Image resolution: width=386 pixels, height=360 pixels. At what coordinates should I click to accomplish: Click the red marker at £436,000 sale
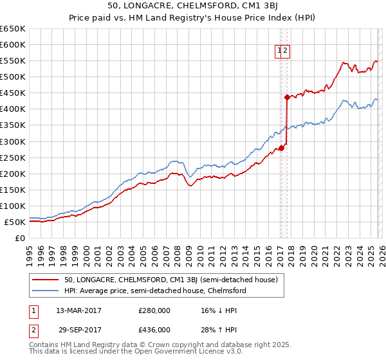tap(287, 97)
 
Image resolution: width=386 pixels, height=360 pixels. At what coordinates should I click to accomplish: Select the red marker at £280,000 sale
tap(281, 148)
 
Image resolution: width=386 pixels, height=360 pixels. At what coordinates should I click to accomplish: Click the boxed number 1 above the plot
tap(280, 52)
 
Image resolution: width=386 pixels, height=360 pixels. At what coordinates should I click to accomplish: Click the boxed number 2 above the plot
tap(286, 52)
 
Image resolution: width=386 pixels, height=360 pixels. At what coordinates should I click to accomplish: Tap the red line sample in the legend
tap(46, 280)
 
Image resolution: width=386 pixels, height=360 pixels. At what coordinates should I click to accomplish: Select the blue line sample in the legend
tap(46, 291)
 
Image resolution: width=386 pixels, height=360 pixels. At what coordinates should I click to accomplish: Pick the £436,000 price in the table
tap(154, 329)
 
